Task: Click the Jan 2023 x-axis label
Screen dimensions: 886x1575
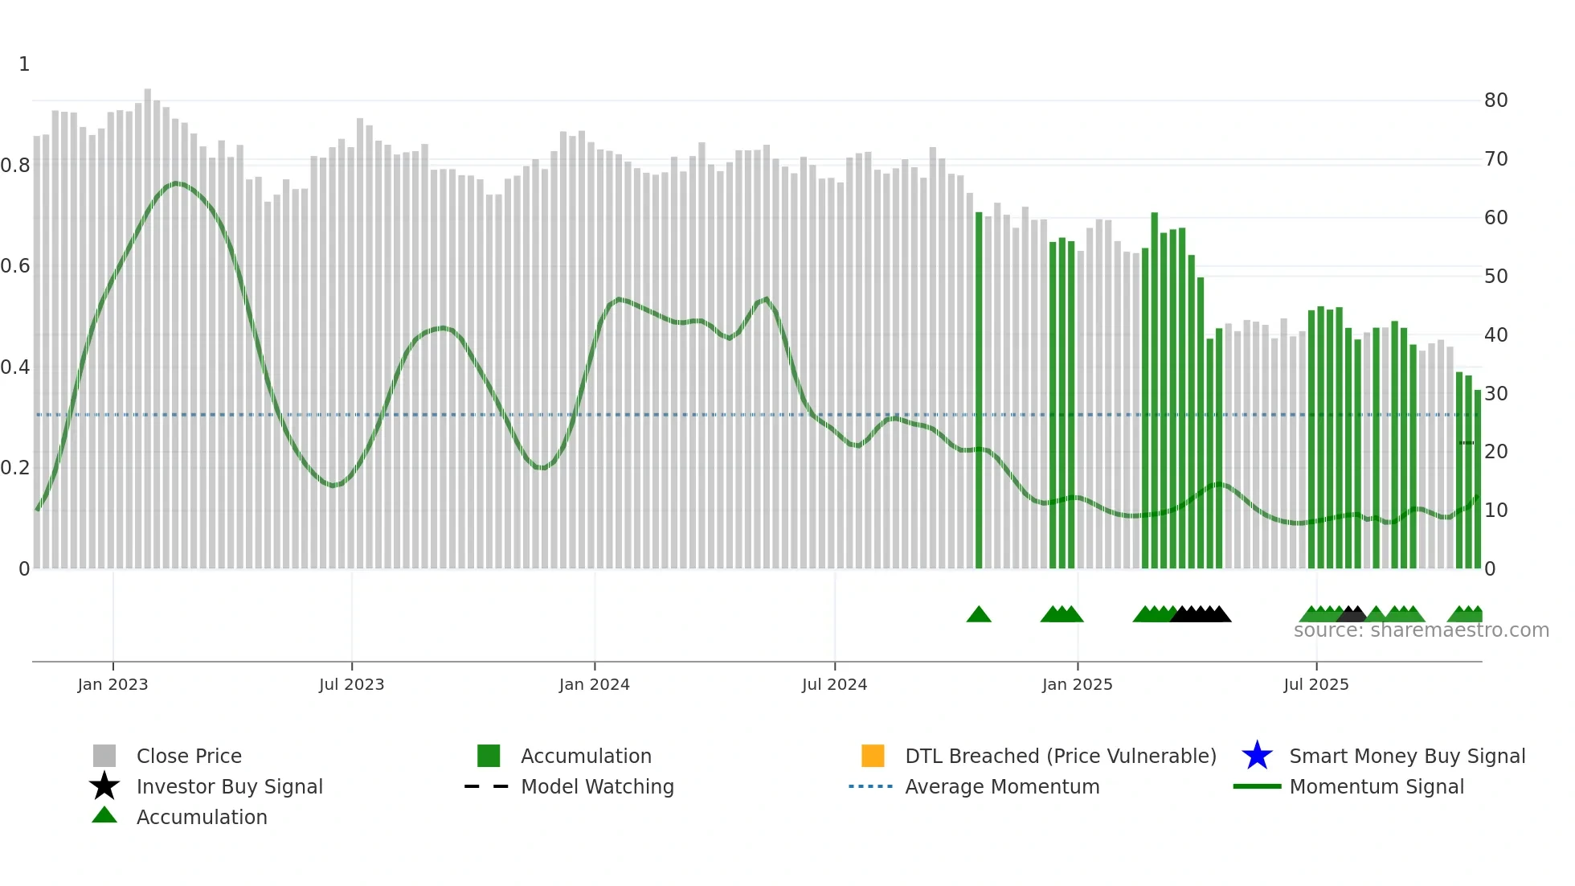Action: (x=112, y=684)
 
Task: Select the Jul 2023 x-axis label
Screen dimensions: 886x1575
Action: (x=351, y=684)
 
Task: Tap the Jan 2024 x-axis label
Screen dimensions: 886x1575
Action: (x=594, y=684)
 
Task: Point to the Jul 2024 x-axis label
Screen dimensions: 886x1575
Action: (x=834, y=684)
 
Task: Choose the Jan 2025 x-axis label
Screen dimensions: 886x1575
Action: (x=1077, y=684)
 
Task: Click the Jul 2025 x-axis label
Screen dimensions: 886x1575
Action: (x=1315, y=684)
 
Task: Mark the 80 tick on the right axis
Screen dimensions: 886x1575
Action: (x=1495, y=100)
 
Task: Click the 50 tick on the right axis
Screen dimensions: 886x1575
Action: (x=1495, y=277)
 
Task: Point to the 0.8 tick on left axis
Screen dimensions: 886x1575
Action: (x=15, y=166)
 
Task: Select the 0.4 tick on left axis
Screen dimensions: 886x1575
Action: (x=15, y=367)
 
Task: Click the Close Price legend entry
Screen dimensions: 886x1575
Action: (x=189, y=756)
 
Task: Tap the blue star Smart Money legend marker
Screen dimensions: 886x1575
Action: (x=1257, y=756)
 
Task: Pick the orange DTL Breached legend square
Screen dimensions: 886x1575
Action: (x=873, y=756)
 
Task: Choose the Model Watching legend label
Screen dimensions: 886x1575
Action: (x=597, y=786)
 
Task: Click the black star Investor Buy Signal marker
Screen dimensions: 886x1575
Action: (x=104, y=786)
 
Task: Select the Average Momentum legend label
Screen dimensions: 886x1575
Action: (x=1002, y=786)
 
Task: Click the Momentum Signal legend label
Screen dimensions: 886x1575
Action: (x=1377, y=786)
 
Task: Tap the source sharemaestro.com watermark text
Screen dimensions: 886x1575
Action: (x=1421, y=630)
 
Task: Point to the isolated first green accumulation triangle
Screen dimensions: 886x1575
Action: (x=979, y=615)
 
